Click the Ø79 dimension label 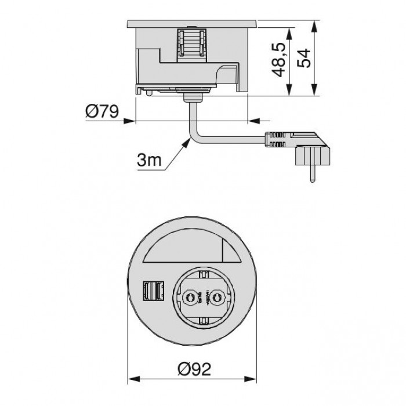click(101, 111)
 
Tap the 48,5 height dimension click(280, 59)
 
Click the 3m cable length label click(150, 161)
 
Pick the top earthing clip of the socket click(203, 271)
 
